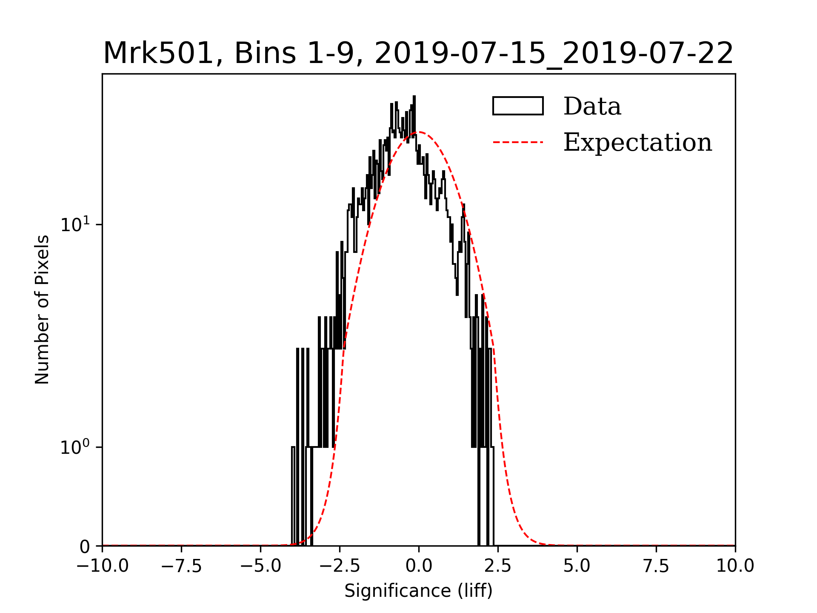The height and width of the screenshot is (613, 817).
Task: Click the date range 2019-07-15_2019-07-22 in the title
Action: tap(554, 54)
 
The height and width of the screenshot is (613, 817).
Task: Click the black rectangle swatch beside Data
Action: tap(518, 106)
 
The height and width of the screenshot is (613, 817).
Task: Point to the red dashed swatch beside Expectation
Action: tap(518, 142)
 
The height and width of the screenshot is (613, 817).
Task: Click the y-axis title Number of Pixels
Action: tap(42, 309)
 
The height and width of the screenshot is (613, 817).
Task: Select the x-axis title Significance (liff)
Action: tap(418, 591)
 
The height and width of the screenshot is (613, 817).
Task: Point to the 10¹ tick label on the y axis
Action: tap(75, 224)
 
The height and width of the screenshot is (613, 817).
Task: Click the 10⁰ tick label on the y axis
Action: tap(75, 447)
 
